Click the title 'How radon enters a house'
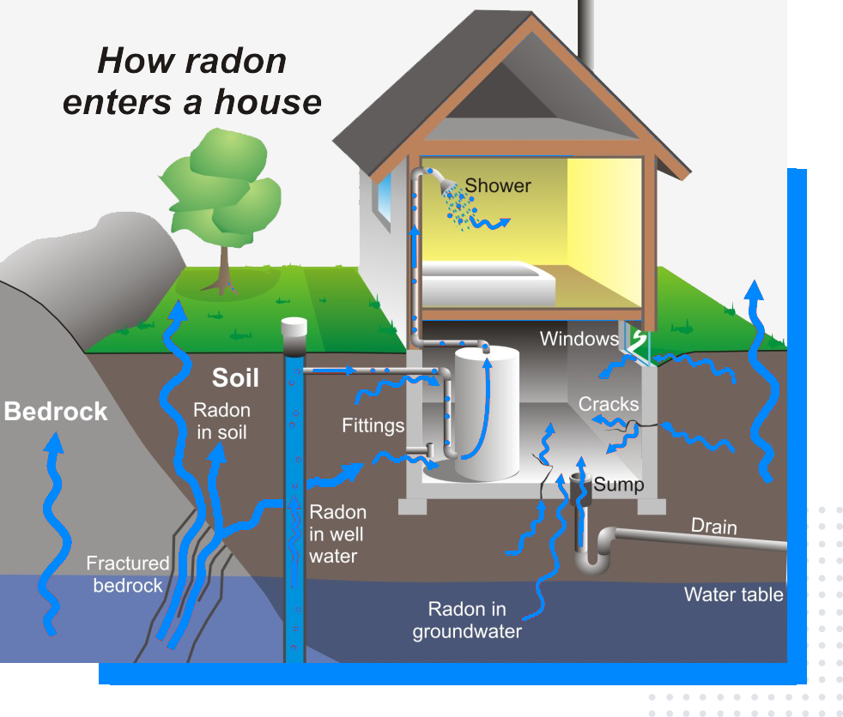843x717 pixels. pyautogui.click(x=191, y=81)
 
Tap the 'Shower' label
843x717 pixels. pyautogui.click(x=498, y=185)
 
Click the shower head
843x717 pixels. pyautogui.click(x=444, y=181)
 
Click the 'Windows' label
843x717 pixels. pyautogui.click(x=579, y=339)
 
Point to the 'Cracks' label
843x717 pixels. pyautogui.click(x=608, y=404)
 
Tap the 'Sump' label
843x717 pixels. pyautogui.click(x=619, y=485)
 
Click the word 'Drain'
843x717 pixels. pyautogui.click(x=713, y=526)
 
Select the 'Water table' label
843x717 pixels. pyautogui.click(x=733, y=594)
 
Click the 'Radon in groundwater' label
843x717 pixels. pyautogui.click(x=467, y=620)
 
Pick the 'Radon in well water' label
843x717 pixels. pyautogui.click(x=337, y=533)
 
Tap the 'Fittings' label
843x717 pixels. pyautogui.click(x=373, y=425)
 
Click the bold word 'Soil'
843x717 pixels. pyautogui.click(x=235, y=377)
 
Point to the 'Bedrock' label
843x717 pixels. pyautogui.click(x=56, y=411)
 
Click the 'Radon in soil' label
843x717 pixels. pyautogui.click(x=221, y=421)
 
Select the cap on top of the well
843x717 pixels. pyautogui.click(x=294, y=328)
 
